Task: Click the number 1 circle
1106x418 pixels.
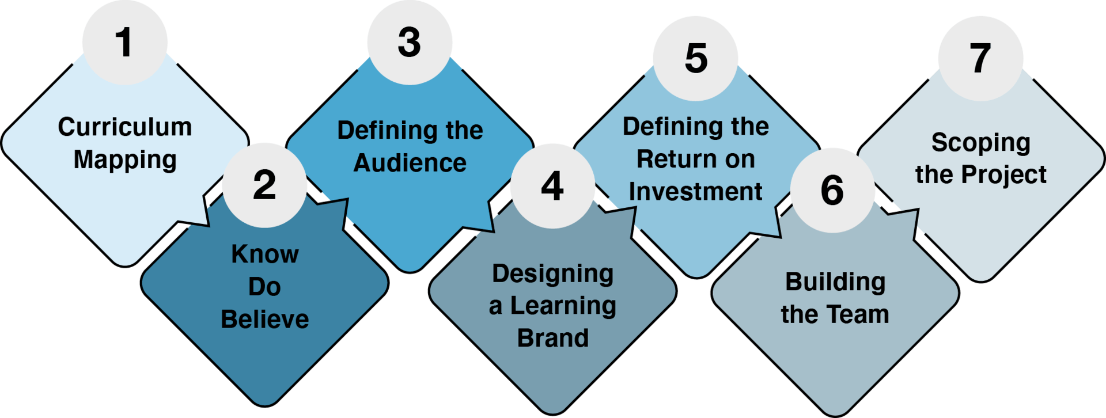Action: coord(124,43)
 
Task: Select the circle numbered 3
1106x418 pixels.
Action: coord(410,43)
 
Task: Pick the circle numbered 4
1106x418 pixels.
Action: coord(552,186)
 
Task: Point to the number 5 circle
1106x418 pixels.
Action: coord(695,58)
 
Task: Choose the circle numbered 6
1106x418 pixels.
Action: coord(832,191)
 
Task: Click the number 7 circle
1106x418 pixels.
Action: coord(980,58)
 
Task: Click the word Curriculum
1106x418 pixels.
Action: coord(125,127)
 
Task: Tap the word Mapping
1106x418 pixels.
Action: coord(125,160)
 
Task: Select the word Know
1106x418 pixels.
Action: coord(265,254)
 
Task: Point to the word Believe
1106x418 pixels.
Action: coord(265,320)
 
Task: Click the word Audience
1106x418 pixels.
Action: coord(410,164)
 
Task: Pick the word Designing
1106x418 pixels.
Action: coord(552,274)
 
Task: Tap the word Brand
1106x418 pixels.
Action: coord(553,339)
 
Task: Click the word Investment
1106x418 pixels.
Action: coord(696,192)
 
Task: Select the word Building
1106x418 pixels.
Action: coord(835,282)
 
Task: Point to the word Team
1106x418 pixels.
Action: coord(862,315)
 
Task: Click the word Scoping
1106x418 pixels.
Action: coord(981,143)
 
